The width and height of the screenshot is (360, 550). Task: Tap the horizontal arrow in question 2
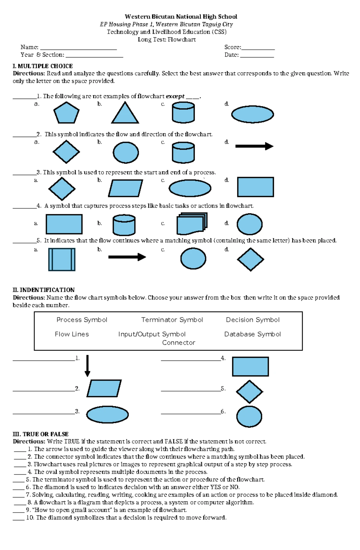pos(254,146)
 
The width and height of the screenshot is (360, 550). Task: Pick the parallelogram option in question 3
pos(125,188)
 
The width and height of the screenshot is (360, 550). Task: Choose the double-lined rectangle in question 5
pos(62,259)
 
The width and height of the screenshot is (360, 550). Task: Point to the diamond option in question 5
pos(250,259)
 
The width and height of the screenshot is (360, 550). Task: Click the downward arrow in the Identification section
pos(87,366)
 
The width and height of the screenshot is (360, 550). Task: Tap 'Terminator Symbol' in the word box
pos(172,320)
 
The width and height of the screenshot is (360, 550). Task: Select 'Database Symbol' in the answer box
pos(252,334)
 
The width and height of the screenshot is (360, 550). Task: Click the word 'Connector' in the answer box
pos(178,343)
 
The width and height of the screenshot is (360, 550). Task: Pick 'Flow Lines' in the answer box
pos(72,334)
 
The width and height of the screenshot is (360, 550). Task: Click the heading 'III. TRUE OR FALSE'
pos(40,434)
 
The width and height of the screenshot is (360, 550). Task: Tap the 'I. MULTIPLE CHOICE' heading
pos(43,66)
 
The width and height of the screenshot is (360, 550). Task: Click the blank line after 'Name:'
pos(78,48)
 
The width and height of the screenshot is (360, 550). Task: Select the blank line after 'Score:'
pos(258,48)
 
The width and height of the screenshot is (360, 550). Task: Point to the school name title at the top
pos(181,16)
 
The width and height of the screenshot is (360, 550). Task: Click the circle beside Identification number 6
pos(249,416)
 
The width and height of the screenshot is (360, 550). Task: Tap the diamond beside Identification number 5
pos(249,392)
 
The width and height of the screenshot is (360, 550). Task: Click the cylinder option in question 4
pos(124,225)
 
